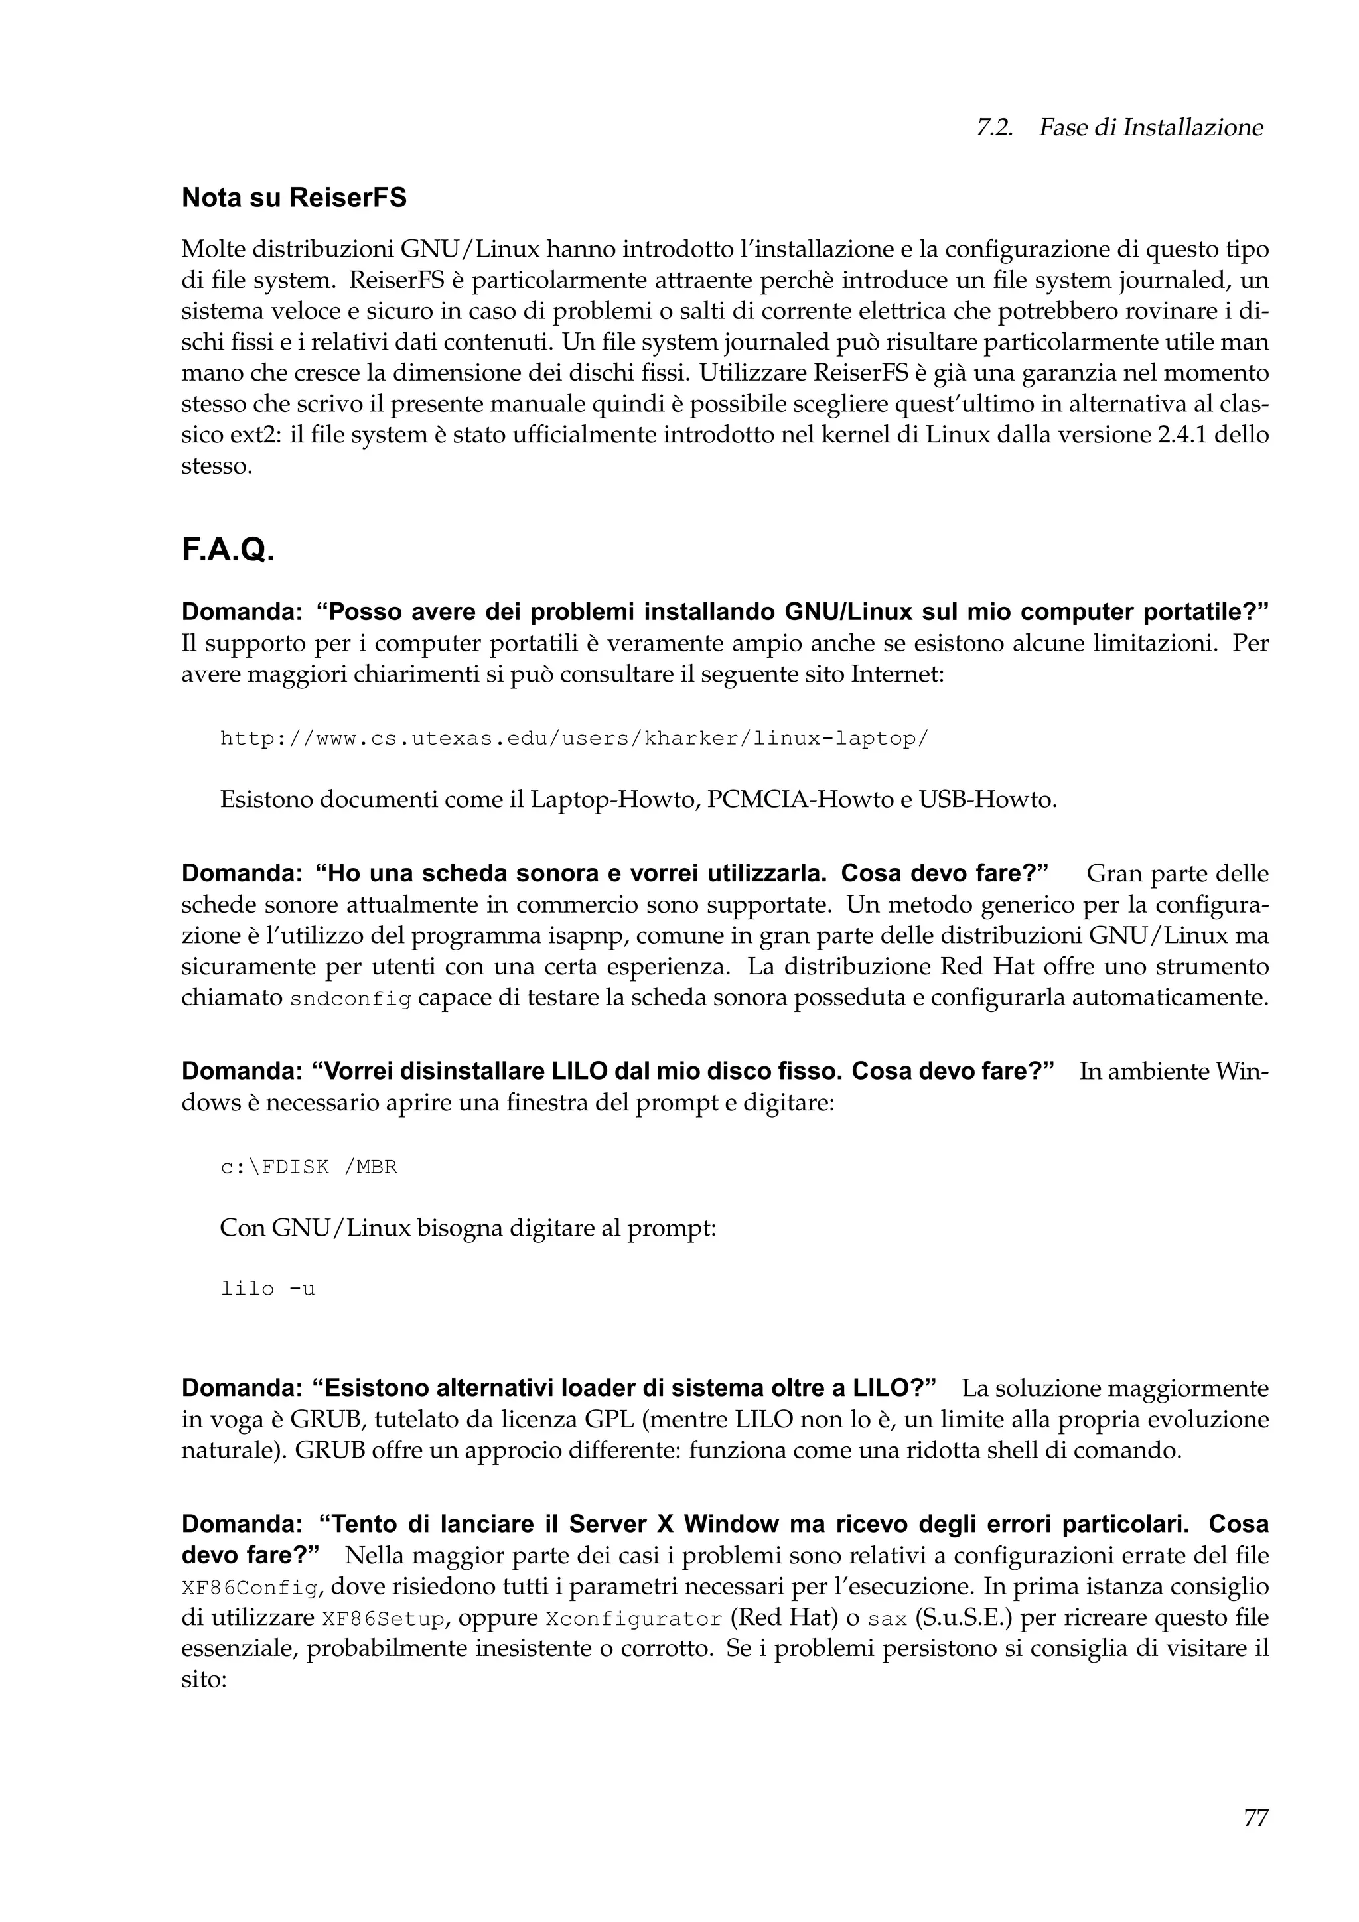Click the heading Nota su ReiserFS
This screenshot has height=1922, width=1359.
[294, 198]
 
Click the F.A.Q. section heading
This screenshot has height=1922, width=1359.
[228, 550]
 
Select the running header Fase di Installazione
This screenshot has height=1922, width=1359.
[1151, 127]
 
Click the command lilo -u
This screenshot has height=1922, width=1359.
[267, 1289]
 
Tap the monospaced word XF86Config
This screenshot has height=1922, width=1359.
[250, 1588]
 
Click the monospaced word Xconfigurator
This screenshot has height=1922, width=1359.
[633, 1619]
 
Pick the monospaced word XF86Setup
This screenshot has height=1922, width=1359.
[384, 1619]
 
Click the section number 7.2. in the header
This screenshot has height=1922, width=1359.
[994, 127]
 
